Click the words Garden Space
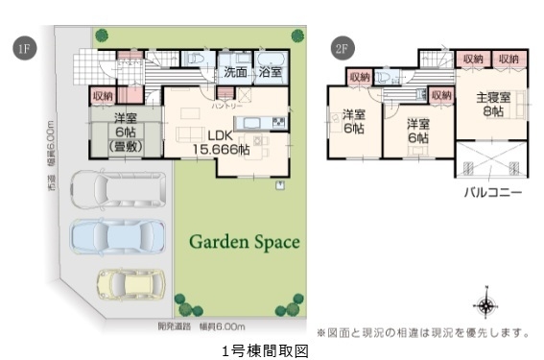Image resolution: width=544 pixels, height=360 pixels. pos(244,241)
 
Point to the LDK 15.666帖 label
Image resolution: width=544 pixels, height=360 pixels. pos(222,142)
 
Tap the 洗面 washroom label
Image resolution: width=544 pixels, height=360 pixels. pos(235,72)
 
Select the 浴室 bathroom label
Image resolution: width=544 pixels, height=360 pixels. pos(270,72)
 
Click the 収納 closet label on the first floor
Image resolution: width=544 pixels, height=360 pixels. pos(103,96)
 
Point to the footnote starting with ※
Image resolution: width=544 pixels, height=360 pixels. pos(423,332)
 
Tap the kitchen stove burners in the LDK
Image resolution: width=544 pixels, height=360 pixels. pos(277,122)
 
